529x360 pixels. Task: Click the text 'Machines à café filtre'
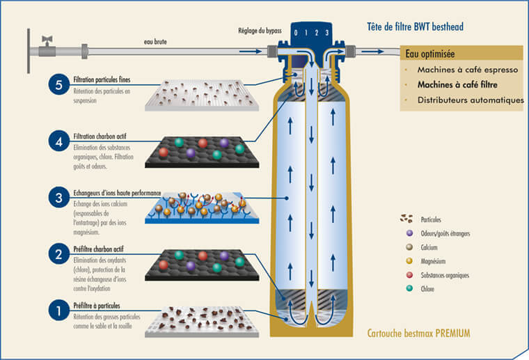[x=462, y=85]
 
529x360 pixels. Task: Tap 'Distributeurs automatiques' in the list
[x=470, y=100]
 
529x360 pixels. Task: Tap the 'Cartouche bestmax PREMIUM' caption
[x=418, y=334]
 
